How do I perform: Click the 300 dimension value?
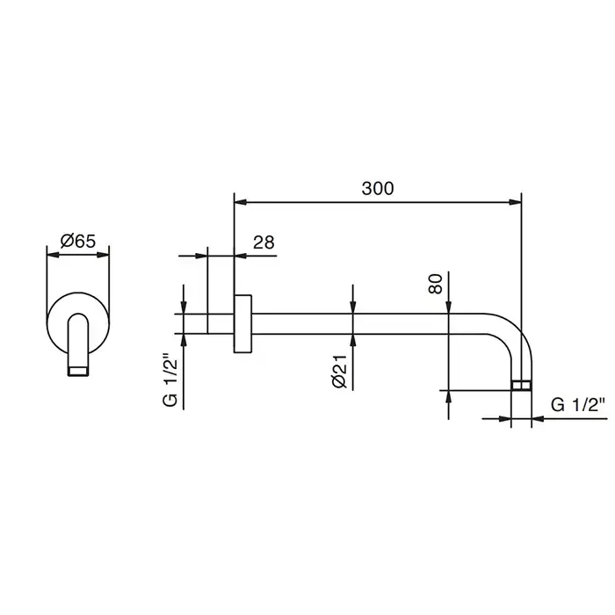click(x=377, y=189)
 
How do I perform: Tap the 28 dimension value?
click(x=264, y=242)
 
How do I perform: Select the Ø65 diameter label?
click(x=78, y=241)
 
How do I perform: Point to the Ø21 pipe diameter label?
click(x=340, y=371)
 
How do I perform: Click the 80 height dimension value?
click(x=436, y=284)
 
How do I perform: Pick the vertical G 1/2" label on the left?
click(x=170, y=380)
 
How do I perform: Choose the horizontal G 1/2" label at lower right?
click(x=578, y=404)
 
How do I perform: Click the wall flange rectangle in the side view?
click(x=242, y=323)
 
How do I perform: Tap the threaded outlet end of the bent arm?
click(x=522, y=385)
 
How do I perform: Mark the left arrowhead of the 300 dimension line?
click(x=241, y=202)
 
